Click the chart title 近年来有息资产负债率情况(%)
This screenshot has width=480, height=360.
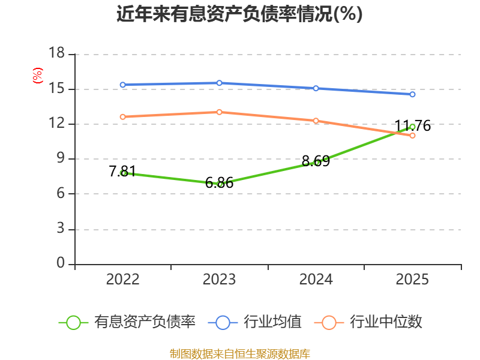pos(239,14)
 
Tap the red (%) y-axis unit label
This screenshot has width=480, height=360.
pos(37,76)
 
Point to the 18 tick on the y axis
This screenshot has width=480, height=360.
pos(56,53)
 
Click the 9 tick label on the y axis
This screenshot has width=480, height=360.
pos(61,158)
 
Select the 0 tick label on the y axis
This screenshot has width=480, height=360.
pos(61,263)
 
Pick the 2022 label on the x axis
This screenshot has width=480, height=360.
pos(122,280)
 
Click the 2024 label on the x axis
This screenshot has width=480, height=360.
pos(316,280)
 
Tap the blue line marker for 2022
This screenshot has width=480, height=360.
pos(123,85)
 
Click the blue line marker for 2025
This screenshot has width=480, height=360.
pos(412,94)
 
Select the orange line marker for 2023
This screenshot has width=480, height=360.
pos(219,112)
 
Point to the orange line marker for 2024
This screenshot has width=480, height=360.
pos(316,121)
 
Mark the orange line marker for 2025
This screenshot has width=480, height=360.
pos(412,136)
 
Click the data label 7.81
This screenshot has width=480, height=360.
pos(122,171)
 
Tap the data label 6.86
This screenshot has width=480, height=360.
pos(219,183)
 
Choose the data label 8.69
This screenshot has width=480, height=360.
pos(316,161)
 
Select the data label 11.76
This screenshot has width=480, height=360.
pos(413,126)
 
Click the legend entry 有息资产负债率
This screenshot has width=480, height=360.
pos(127,322)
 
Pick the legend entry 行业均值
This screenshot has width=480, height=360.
pos(254,322)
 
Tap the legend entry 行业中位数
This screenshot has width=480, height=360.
pos(368,322)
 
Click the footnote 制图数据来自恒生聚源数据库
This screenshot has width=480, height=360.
pos(239,354)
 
